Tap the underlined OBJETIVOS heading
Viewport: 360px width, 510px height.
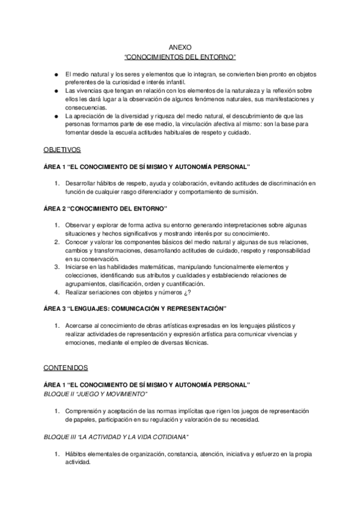[x=63, y=148]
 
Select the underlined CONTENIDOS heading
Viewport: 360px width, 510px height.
[x=66, y=366]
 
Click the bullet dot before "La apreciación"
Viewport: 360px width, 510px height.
[x=55, y=115]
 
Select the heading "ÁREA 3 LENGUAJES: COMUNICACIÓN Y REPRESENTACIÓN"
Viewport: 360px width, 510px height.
[x=136, y=309]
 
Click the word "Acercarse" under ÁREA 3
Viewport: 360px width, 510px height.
[x=80, y=326]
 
